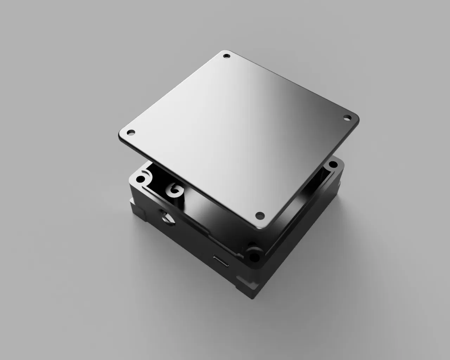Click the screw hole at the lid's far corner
click(226, 56)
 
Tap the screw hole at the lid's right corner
click(347, 118)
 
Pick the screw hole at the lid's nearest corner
click(259, 214)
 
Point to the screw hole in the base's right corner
click(331, 165)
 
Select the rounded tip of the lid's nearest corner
click(262, 227)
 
